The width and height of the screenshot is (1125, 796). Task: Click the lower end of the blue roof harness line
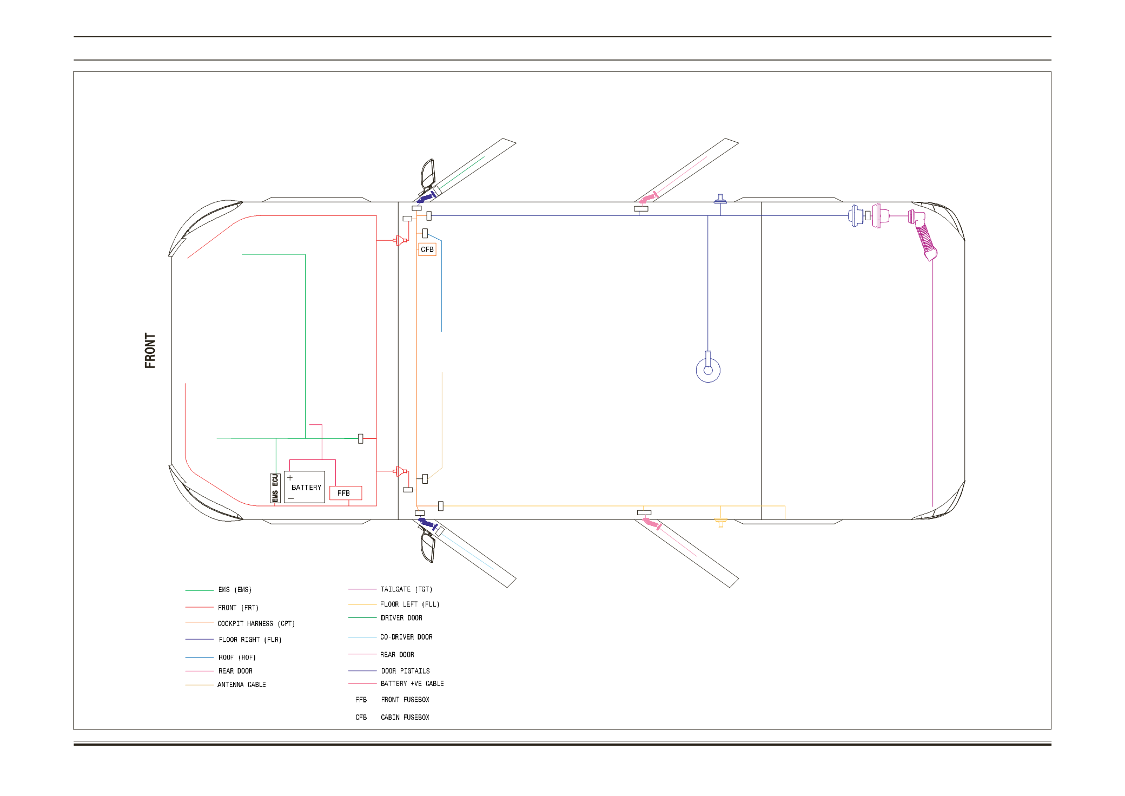pos(441,331)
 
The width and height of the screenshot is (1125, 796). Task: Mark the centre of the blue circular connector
pos(708,371)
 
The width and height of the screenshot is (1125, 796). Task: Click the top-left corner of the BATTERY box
pos(284,471)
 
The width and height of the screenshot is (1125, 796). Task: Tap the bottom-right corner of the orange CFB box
pos(436,255)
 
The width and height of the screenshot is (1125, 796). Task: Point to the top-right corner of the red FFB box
pos(361,486)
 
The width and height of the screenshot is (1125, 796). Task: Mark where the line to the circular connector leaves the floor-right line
pos(708,215)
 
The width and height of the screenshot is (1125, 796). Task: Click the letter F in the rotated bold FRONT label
pos(150,364)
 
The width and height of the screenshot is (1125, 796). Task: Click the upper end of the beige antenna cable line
pos(442,372)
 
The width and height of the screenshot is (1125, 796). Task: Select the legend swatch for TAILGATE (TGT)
pos(362,589)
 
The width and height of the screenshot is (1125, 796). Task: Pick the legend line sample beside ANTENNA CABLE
pos(200,685)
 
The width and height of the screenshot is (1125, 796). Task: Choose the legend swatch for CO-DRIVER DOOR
pos(362,637)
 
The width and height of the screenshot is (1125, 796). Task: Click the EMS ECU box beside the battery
pos(275,488)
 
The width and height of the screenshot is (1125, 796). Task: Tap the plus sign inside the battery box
pos(290,478)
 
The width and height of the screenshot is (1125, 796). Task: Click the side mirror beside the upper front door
pos(428,173)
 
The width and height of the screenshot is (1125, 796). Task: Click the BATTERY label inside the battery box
pos(306,488)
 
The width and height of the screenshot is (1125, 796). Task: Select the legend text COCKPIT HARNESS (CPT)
pos(256,624)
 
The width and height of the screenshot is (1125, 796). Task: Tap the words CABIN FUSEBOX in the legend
pos(405,718)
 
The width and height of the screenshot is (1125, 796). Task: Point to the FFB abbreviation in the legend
pos(361,700)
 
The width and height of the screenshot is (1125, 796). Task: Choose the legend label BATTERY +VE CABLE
pos(412,684)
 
